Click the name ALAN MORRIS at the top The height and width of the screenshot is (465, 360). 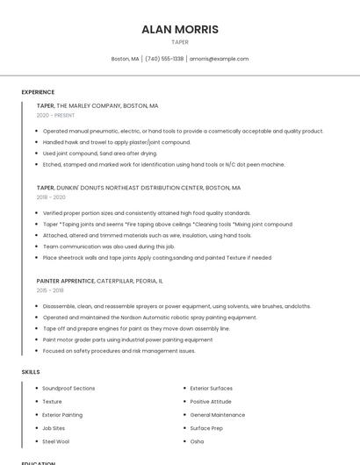179,29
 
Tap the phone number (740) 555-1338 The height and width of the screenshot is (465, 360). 164,59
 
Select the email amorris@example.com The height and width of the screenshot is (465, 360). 219,59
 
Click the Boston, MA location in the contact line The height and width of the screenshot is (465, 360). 125,59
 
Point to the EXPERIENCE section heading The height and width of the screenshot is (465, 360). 38,92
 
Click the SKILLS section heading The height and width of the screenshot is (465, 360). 31,372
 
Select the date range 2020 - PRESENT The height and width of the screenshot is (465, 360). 55,115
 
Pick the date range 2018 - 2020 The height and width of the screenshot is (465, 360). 51,197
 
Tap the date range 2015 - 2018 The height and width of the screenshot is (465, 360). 50,290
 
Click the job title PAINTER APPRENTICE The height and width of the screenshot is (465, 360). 65,281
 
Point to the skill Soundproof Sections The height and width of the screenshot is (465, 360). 68,388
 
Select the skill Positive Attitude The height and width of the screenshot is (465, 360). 212,401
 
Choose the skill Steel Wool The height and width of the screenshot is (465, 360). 55,441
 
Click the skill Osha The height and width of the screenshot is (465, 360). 197,441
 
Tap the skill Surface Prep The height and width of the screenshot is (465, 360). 206,428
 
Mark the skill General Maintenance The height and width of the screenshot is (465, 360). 217,414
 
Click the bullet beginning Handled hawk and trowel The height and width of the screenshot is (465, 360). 116,142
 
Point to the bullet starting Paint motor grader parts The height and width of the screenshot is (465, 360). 127,340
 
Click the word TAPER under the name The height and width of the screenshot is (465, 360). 179,42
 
